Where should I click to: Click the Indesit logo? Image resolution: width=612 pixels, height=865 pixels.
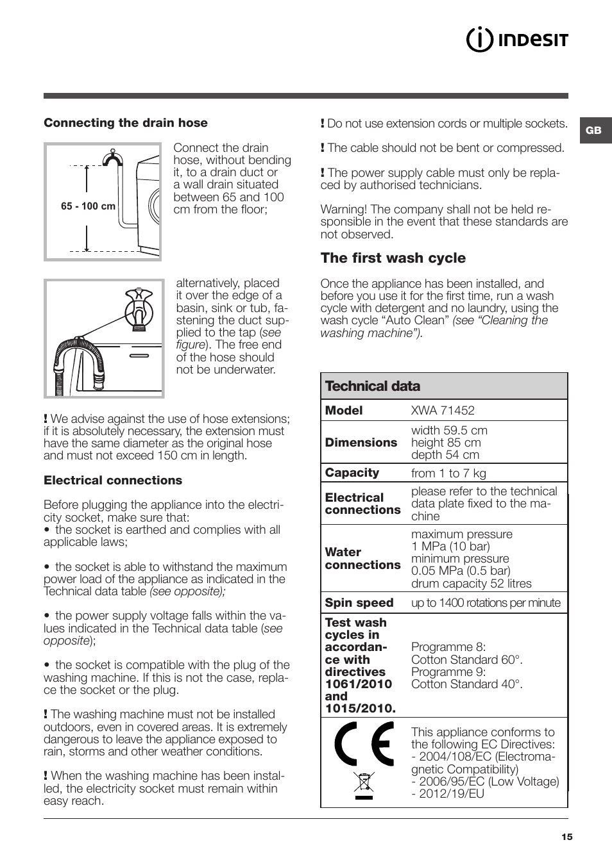point(517,40)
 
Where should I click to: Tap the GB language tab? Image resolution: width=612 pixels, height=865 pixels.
point(594,130)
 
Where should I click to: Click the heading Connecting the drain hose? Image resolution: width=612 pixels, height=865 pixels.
point(126,123)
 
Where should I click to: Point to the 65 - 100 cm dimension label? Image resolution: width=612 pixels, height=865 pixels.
point(89,206)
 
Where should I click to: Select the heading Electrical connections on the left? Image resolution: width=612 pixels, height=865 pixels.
point(113,481)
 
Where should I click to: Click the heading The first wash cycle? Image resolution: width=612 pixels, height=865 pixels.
point(393,258)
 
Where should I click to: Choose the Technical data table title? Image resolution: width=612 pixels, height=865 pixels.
point(373,386)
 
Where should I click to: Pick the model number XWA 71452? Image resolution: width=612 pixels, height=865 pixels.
point(443,411)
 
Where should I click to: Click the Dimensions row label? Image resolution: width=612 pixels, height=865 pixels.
point(361,443)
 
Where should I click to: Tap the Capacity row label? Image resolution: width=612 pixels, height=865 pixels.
point(352,473)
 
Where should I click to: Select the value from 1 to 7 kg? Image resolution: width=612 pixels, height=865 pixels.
point(448,474)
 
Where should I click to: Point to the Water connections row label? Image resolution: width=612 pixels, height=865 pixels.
point(362,559)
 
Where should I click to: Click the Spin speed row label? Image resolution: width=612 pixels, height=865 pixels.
point(359,603)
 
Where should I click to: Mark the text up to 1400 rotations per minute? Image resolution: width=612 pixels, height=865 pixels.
point(486,603)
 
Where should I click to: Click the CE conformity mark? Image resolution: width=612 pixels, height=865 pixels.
point(364,744)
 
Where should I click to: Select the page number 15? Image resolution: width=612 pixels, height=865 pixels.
point(566,837)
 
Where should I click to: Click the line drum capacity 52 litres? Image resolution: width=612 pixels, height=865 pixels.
point(472,584)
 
